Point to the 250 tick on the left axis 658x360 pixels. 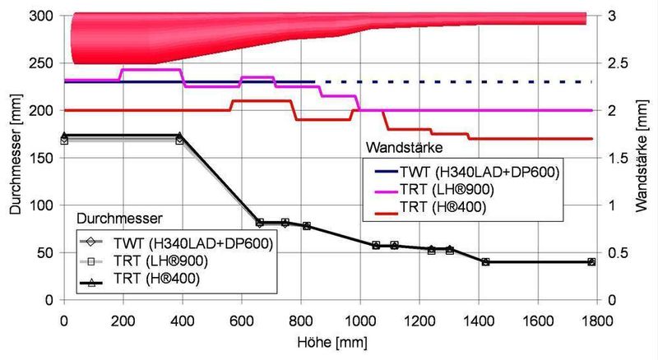click(40, 63)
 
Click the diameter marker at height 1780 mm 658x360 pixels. click(591, 262)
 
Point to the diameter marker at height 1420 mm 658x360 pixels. click(485, 262)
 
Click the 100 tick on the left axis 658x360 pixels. click(40, 205)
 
